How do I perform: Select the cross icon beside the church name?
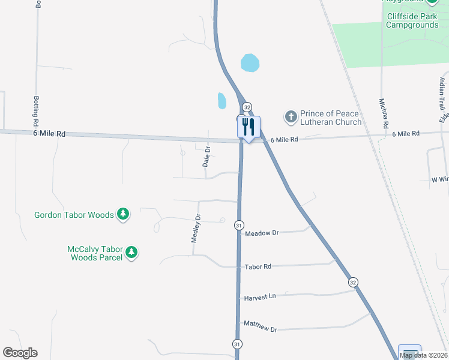(x=291, y=116)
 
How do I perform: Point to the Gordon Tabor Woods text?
(x=74, y=214)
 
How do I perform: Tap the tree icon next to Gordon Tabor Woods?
(x=123, y=214)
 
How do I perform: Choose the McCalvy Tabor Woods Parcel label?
(x=95, y=253)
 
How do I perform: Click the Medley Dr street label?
(x=195, y=228)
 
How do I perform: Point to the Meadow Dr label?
(x=262, y=233)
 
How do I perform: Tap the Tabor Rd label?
(x=258, y=266)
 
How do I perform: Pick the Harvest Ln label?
(x=259, y=297)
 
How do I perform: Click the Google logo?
(x=20, y=353)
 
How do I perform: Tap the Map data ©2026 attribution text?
(x=424, y=355)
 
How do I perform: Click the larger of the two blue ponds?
(x=250, y=62)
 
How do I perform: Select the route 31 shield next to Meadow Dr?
(x=238, y=225)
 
